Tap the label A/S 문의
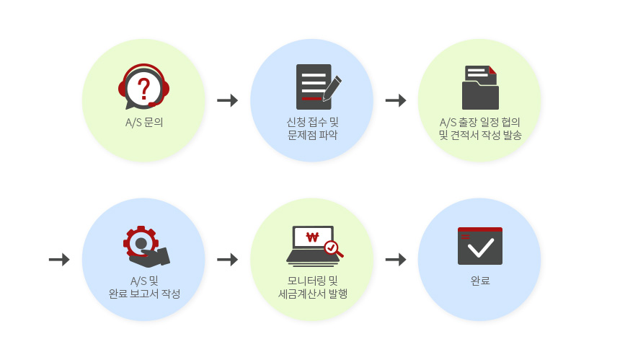click(x=143, y=122)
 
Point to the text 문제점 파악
click(x=311, y=135)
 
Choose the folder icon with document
click(x=480, y=87)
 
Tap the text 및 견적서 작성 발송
click(x=479, y=135)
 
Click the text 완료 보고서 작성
click(x=143, y=294)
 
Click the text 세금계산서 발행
click(x=311, y=294)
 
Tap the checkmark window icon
click(x=479, y=246)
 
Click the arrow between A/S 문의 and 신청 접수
click(x=228, y=100)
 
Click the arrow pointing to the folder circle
click(x=396, y=100)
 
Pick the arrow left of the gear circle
click(x=59, y=259)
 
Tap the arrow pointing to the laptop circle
click(x=228, y=259)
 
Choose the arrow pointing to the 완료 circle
click(x=396, y=259)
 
